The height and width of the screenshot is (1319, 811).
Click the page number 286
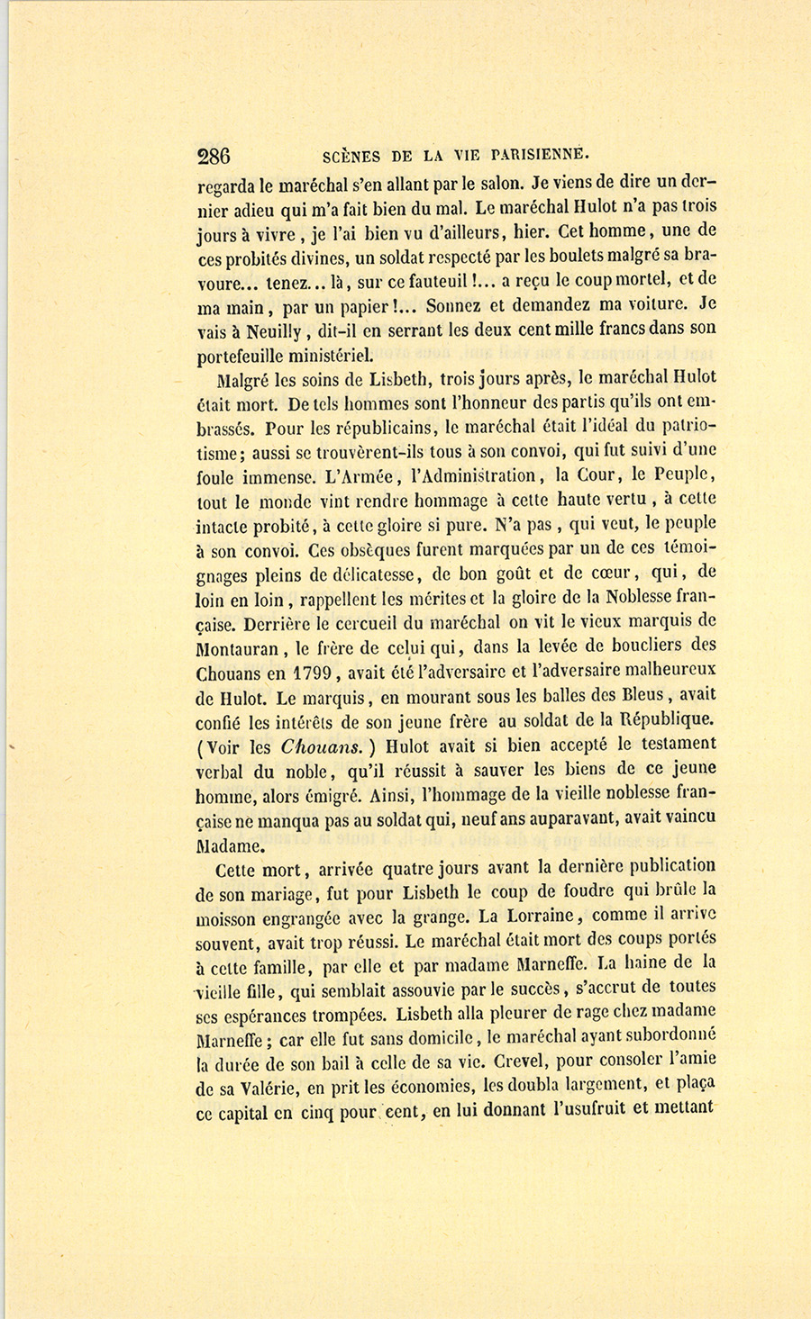click(214, 156)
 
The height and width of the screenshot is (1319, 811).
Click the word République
click(661, 719)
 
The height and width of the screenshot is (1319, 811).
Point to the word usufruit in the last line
click(588, 1111)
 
